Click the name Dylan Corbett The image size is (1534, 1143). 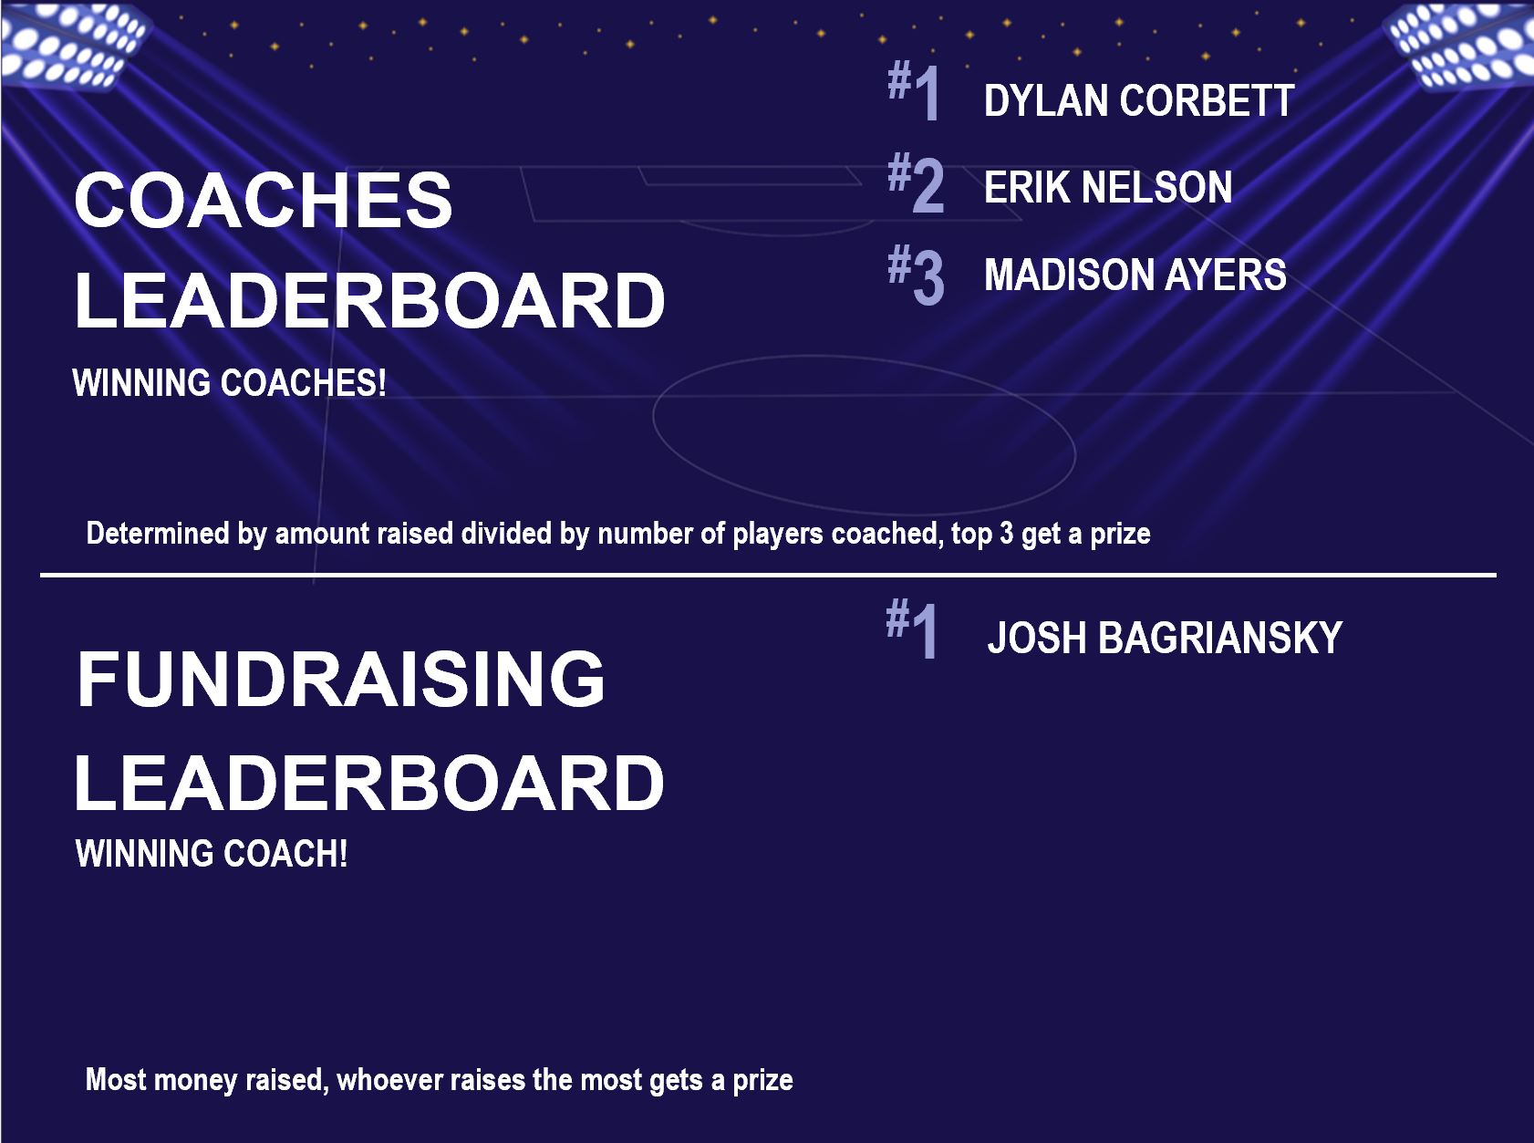(x=1138, y=101)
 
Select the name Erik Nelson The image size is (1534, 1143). (x=1108, y=188)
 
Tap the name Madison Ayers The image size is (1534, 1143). (x=1135, y=275)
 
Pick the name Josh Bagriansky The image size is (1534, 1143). (x=1165, y=638)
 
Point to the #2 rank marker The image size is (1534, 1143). (x=916, y=182)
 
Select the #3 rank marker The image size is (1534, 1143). (x=916, y=274)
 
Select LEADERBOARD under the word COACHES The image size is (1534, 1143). (x=369, y=300)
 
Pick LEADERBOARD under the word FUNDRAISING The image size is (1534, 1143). (x=369, y=783)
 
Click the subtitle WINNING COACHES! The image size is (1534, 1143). (x=229, y=382)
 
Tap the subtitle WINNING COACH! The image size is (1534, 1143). (x=211, y=853)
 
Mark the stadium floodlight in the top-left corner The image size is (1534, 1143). (x=73, y=43)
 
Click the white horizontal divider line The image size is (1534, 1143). (x=768, y=575)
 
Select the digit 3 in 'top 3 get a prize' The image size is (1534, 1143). (x=1006, y=534)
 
